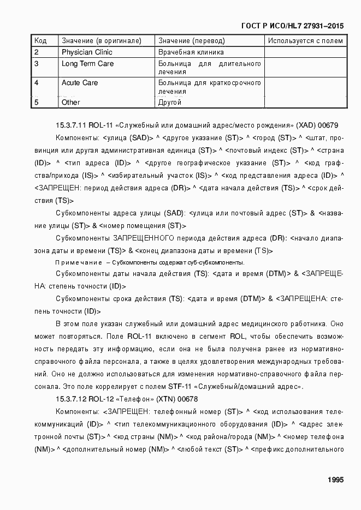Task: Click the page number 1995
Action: click(335, 480)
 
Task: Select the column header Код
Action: click(40, 41)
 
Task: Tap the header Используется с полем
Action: click(306, 41)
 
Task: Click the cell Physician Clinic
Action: click(87, 52)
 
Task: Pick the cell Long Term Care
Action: click(87, 64)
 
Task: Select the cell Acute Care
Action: click(80, 83)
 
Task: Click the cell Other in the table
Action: click(71, 102)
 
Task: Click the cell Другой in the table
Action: click(170, 102)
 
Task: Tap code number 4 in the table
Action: click(36, 83)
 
